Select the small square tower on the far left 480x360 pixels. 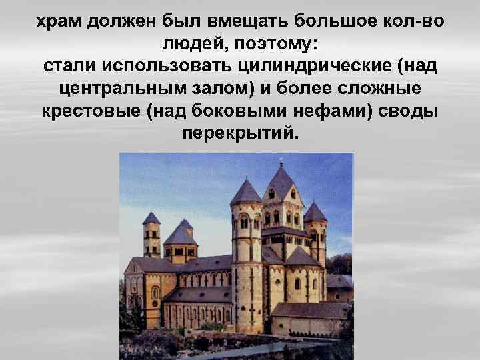152,237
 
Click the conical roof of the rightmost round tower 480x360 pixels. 315,212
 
